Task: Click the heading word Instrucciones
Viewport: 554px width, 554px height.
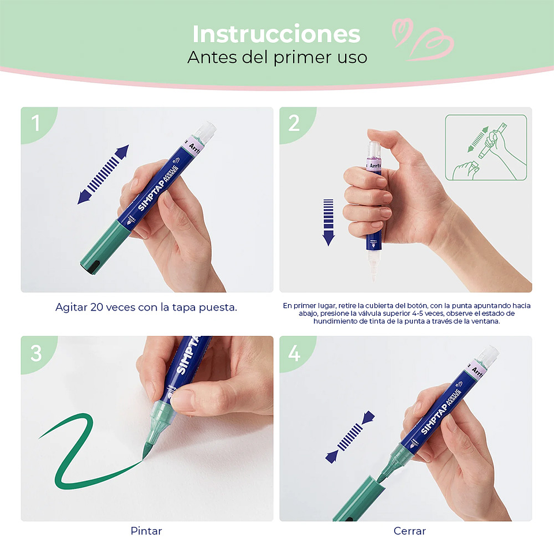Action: [276, 35]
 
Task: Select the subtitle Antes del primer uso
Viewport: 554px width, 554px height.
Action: [277, 58]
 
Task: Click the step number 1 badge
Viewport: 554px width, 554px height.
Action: [36, 123]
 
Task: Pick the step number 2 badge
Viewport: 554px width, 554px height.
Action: [294, 123]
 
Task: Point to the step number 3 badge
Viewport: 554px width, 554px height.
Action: [36, 353]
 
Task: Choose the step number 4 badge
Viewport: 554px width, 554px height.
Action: [294, 353]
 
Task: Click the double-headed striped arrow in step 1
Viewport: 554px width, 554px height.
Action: [103, 174]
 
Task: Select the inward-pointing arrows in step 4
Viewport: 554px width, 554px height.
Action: [350, 437]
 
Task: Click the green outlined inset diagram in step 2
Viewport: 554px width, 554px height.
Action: [486, 147]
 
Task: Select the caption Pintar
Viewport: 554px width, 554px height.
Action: [146, 530]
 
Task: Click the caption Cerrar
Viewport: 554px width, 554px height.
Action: [409, 530]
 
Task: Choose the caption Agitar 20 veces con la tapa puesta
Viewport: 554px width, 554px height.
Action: [146, 307]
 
